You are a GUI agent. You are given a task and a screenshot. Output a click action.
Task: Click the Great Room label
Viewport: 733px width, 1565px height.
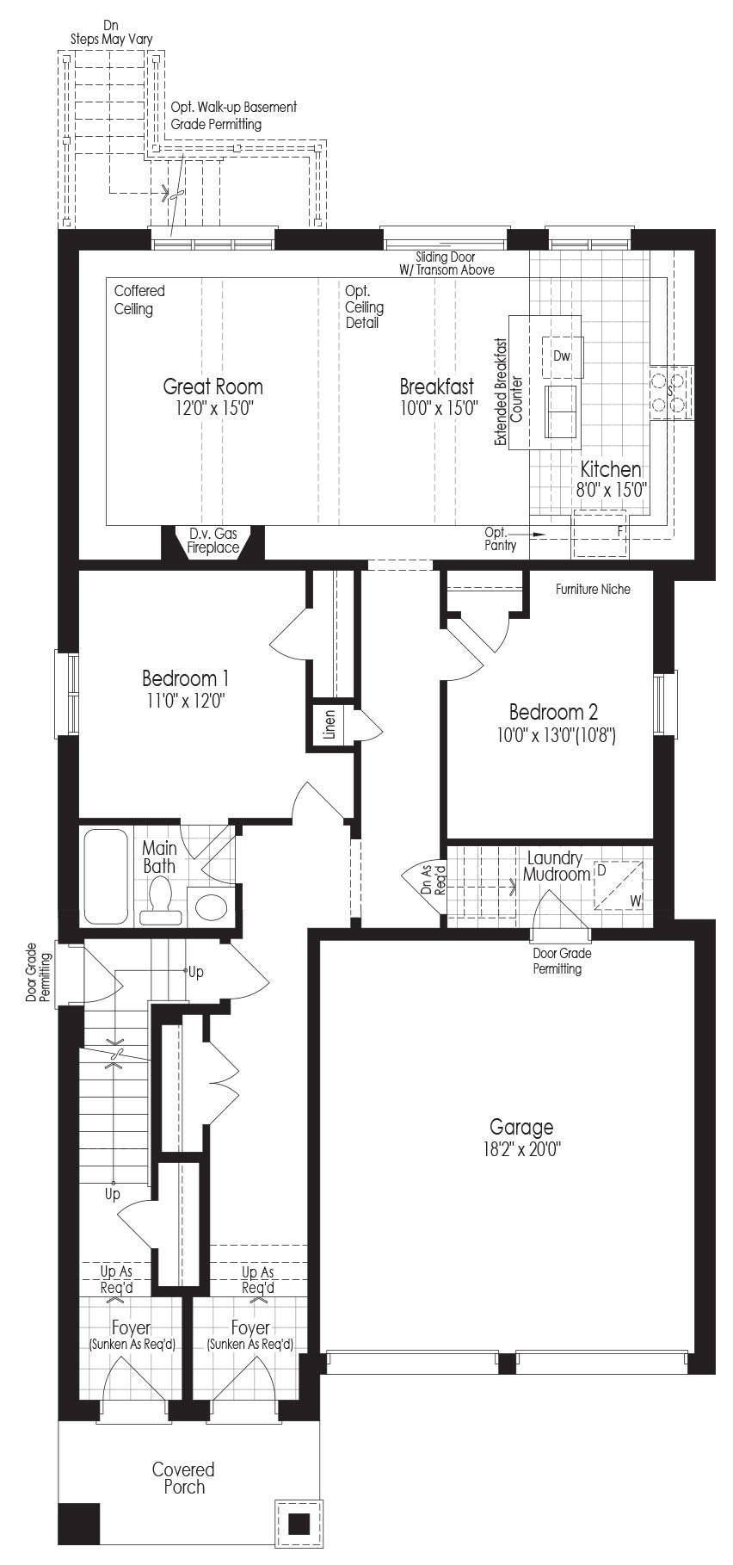(213, 387)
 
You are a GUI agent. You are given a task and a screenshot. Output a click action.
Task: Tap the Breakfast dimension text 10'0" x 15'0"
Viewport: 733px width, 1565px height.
(439, 408)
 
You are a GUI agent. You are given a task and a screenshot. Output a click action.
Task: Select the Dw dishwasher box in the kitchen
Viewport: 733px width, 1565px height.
(563, 356)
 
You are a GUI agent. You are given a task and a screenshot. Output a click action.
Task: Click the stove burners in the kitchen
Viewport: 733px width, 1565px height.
(671, 393)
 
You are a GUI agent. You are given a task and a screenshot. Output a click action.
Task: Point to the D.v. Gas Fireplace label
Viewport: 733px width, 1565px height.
(213, 541)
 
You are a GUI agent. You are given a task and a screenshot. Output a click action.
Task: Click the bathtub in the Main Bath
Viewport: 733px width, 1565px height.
(106, 876)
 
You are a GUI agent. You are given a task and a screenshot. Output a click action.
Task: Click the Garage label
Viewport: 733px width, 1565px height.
(521, 1126)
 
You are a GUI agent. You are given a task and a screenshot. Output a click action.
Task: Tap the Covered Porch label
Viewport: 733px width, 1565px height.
(183, 1477)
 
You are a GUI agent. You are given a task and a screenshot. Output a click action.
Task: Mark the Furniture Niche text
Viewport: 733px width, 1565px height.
(593, 590)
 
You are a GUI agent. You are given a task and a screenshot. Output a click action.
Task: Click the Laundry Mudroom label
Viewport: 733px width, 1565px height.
(555, 866)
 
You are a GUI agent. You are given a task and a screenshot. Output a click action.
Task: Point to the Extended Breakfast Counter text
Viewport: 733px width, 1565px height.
(508, 392)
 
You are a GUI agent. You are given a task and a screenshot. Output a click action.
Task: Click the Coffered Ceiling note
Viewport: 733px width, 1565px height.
(139, 300)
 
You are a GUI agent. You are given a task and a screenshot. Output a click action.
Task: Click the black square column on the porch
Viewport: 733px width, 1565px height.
(299, 1525)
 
